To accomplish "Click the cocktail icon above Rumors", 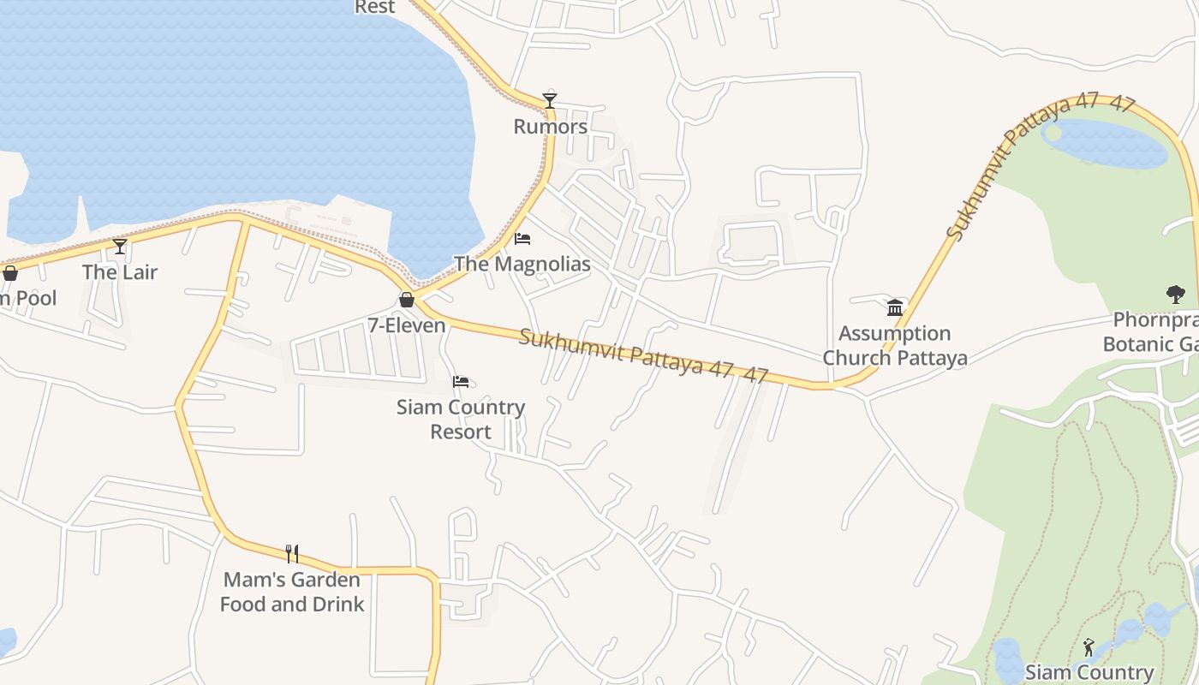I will click(x=550, y=101).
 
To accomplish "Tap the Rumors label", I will click(x=550, y=127).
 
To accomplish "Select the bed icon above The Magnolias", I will click(x=522, y=238).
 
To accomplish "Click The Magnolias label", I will click(x=522, y=264).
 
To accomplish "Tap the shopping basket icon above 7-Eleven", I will click(x=407, y=300).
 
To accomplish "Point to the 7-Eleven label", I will click(x=407, y=325).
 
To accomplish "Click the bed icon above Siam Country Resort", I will click(x=461, y=381).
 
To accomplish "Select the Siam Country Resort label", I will click(x=461, y=419).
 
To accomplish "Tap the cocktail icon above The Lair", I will click(x=120, y=247).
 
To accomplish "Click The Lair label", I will click(x=120, y=272).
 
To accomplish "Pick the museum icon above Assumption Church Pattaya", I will click(x=895, y=307).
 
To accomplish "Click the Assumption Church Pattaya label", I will click(x=895, y=345).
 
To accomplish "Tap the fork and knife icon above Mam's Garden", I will click(x=292, y=554).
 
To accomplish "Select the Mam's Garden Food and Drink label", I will click(x=292, y=592).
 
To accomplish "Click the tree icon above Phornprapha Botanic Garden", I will click(x=1175, y=295).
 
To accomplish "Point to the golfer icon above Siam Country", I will click(x=1089, y=647).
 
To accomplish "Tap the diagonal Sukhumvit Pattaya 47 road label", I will click(x=1040, y=164).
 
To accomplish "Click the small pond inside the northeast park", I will click(x=1105, y=144).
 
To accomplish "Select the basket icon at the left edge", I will click(x=10, y=273).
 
